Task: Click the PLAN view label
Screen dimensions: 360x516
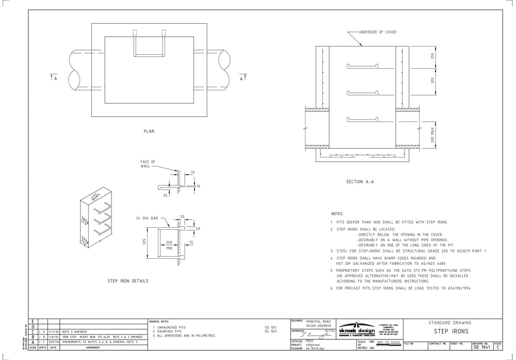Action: [x=149, y=131]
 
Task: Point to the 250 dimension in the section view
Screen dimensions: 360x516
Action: [x=432, y=55]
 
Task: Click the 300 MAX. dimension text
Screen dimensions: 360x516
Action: [x=432, y=136]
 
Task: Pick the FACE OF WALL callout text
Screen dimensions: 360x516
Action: [x=148, y=164]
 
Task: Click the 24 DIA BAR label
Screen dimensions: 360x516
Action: [x=147, y=217]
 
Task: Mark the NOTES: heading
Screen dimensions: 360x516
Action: [x=337, y=213]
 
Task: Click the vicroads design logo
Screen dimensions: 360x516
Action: [x=357, y=331]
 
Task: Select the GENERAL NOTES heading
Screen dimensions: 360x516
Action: [x=160, y=321]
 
